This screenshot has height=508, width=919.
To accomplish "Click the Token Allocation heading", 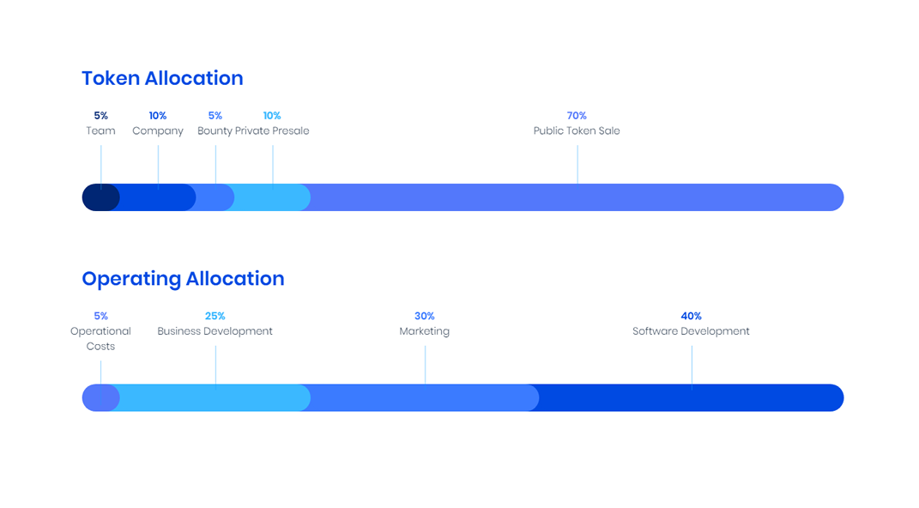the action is pyautogui.click(x=162, y=78).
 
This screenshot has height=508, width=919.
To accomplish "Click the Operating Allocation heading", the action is pyautogui.click(x=183, y=279).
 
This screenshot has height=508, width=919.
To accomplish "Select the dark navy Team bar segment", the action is pyautogui.click(x=100, y=197).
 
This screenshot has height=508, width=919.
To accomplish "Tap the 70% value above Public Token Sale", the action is pyautogui.click(x=577, y=116).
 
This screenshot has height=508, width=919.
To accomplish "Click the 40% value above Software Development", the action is pyautogui.click(x=691, y=316).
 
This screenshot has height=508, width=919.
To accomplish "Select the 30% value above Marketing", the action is pyautogui.click(x=425, y=316).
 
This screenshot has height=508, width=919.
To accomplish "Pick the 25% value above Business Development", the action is pyautogui.click(x=215, y=316).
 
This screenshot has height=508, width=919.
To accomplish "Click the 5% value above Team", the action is pyautogui.click(x=100, y=116).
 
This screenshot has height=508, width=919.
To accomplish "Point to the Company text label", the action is pyautogui.click(x=158, y=130).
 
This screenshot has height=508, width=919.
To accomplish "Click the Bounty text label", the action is pyautogui.click(x=215, y=130).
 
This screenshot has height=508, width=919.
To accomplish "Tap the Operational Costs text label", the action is pyautogui.click(x=100, y=339).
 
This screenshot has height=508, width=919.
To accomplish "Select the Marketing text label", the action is pyautogui.click(x=425, y=331).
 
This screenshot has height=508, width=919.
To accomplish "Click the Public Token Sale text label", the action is pyautogui.click(x=577, y=130).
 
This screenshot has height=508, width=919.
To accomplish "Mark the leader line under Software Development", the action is pyautogui.click(x=692, y=367).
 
